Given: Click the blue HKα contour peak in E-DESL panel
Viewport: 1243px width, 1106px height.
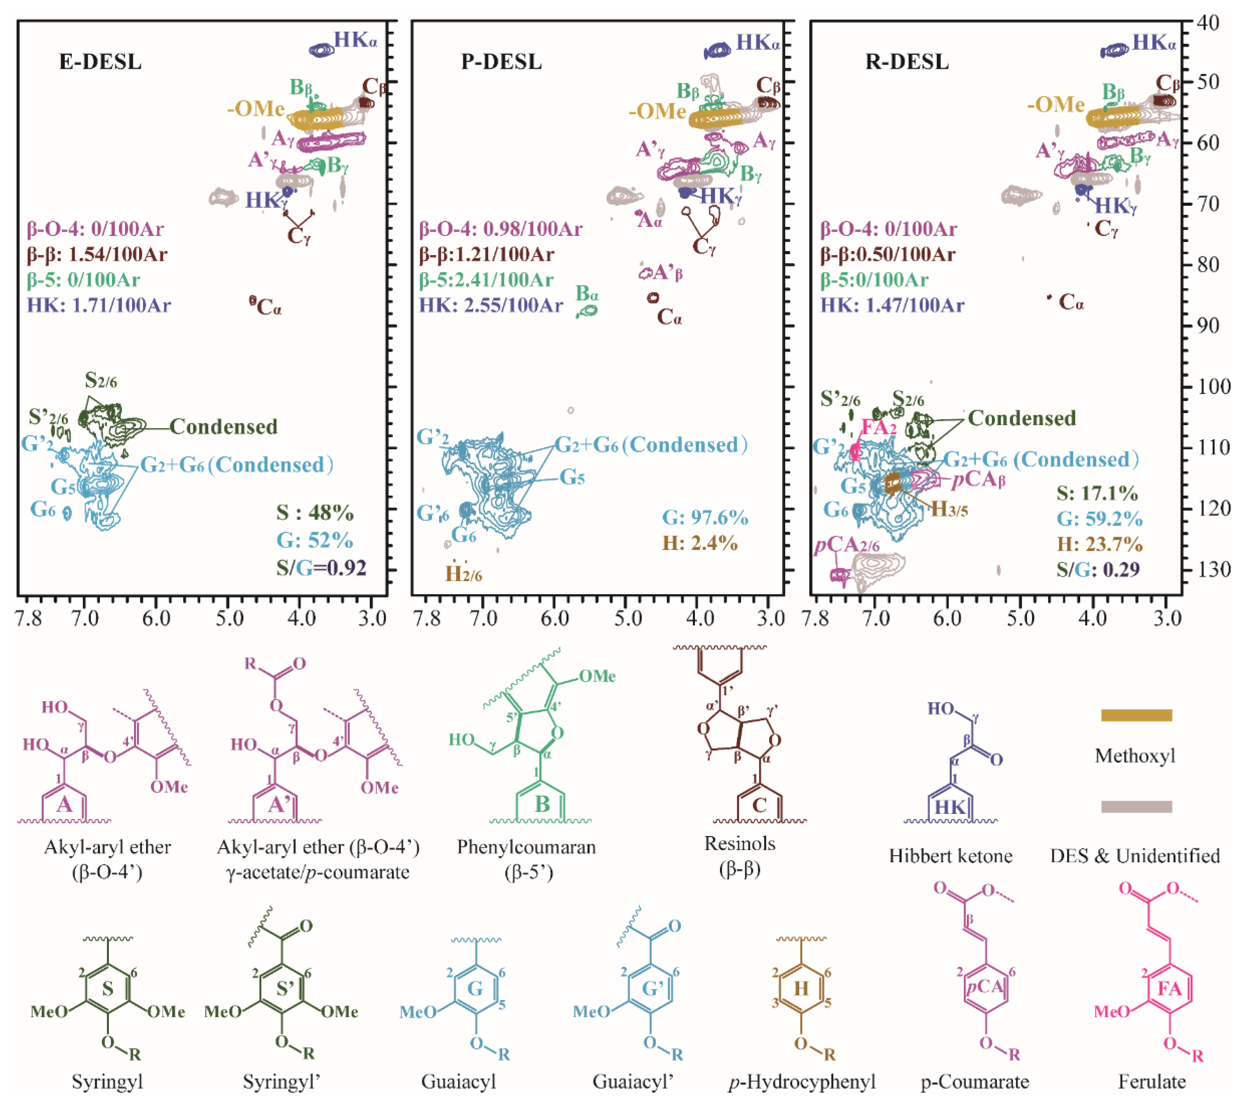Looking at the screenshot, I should tap(321, 50).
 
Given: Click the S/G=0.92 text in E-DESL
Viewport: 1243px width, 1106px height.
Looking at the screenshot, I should tap(321, 568).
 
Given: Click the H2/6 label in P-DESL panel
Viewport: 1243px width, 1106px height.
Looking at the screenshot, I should tap(463, 574).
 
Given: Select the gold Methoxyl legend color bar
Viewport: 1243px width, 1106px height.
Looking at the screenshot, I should tap(1136, 715).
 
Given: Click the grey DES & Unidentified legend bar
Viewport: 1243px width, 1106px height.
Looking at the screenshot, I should tap(1136, 807).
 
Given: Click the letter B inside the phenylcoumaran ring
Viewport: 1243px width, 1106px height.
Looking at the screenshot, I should tap(542, 804).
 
